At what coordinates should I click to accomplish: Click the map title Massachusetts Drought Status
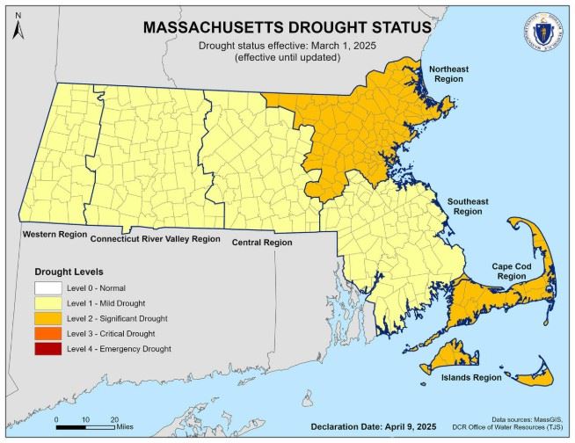click(x=287, y=27)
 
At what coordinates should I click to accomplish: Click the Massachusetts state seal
click(x=545, y=33)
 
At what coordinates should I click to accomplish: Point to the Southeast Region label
click(x=467, y=207)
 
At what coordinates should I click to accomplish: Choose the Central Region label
click(x=261, y=242)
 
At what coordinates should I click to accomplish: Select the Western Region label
click(x=55, y=234)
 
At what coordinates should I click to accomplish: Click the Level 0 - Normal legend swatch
click(x=49, y=287)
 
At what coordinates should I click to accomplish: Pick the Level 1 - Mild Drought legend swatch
click(x=49, y=302)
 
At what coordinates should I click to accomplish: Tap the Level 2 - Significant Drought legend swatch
click(x=49, y=318)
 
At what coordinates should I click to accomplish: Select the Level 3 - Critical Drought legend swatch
click(x=49, y=333)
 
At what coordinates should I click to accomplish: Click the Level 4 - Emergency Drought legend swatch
click(x=49, y=349)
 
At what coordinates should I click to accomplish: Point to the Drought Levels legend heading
click(x=69, y=271)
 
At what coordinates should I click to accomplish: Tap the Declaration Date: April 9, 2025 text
click(x=373, y=426)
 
